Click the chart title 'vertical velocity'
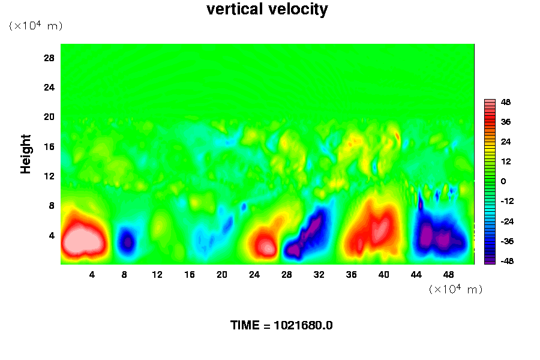(x=267, y=10)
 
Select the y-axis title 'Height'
(x=26, y=161)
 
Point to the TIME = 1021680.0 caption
(x=281, y=326)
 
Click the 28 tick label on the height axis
(x=49, y=58)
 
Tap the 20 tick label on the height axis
(x=49, y=116)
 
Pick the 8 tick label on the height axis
(x=52, y=205)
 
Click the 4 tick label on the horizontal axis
(x=92, y=275)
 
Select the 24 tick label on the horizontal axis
(x=254, y=275)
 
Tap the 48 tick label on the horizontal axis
(x=449, y=275)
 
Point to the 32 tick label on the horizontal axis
(x=319, y=275)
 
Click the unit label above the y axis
(x=35, y=26)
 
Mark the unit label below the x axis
(x=455, y=289)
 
